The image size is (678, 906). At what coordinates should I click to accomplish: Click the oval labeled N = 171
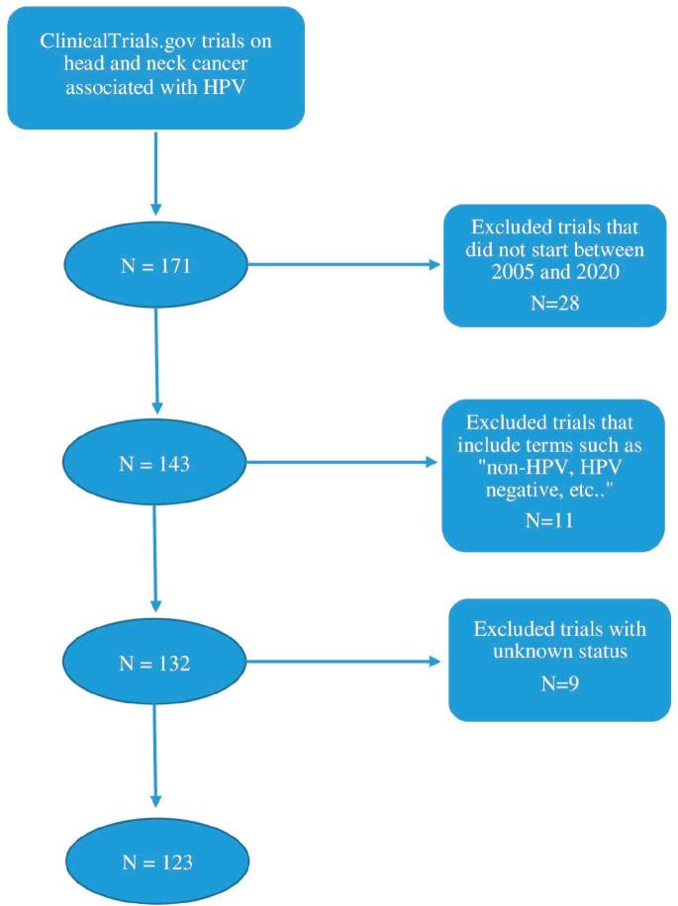tap(155, 266)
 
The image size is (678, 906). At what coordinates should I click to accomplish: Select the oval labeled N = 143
tap(155, 463)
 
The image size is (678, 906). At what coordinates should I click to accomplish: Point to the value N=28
tap(554, 302)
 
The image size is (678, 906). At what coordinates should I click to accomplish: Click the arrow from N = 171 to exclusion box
tap(342, 266)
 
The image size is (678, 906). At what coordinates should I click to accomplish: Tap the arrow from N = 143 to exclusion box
tap(342, 463)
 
